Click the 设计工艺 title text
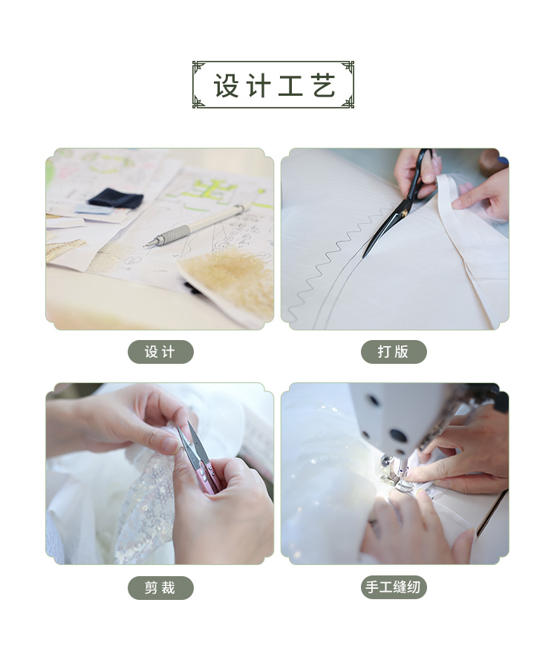coord(274,85)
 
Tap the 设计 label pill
coord(160,352)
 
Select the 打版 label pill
coord(394,352)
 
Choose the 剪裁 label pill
coord(160,588)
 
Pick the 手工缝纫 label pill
coord(394,587)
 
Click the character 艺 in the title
coord(324,85)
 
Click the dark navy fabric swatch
coord(116,198)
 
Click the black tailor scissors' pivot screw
coord(404,212)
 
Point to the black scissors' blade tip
coord(364,255)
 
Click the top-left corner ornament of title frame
coord(198,67)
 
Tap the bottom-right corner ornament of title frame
coord(348,102)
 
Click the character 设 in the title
coord(226,85)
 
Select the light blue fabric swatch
coord(94,209)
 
